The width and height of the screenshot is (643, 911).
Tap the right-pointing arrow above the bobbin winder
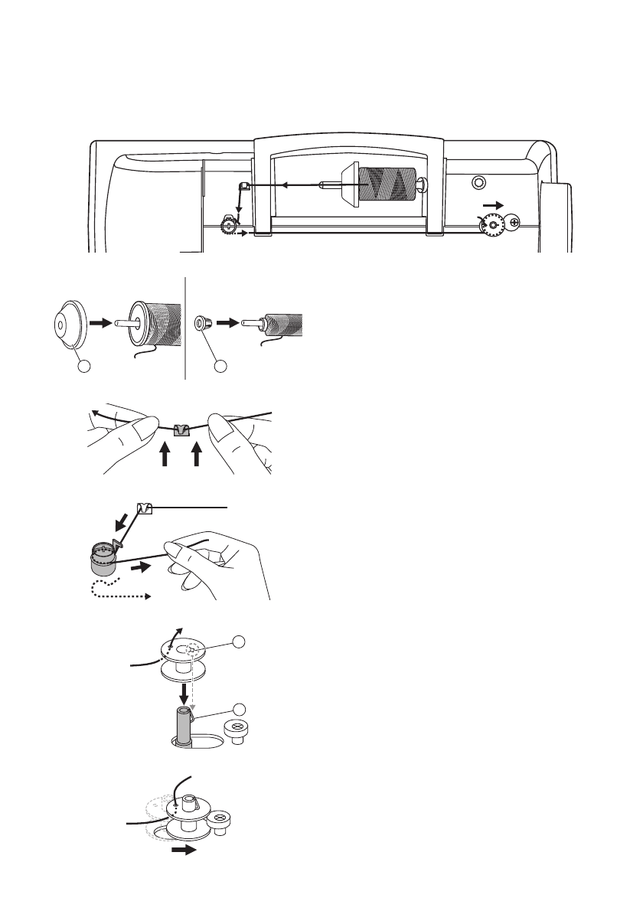click(495, 206)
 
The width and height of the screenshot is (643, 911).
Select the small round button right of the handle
click(478, 181)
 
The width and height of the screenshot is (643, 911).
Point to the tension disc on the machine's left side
click(228, 225)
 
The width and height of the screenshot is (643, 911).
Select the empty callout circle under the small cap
click(220, 367)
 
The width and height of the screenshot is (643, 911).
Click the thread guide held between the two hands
click(181, 429)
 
